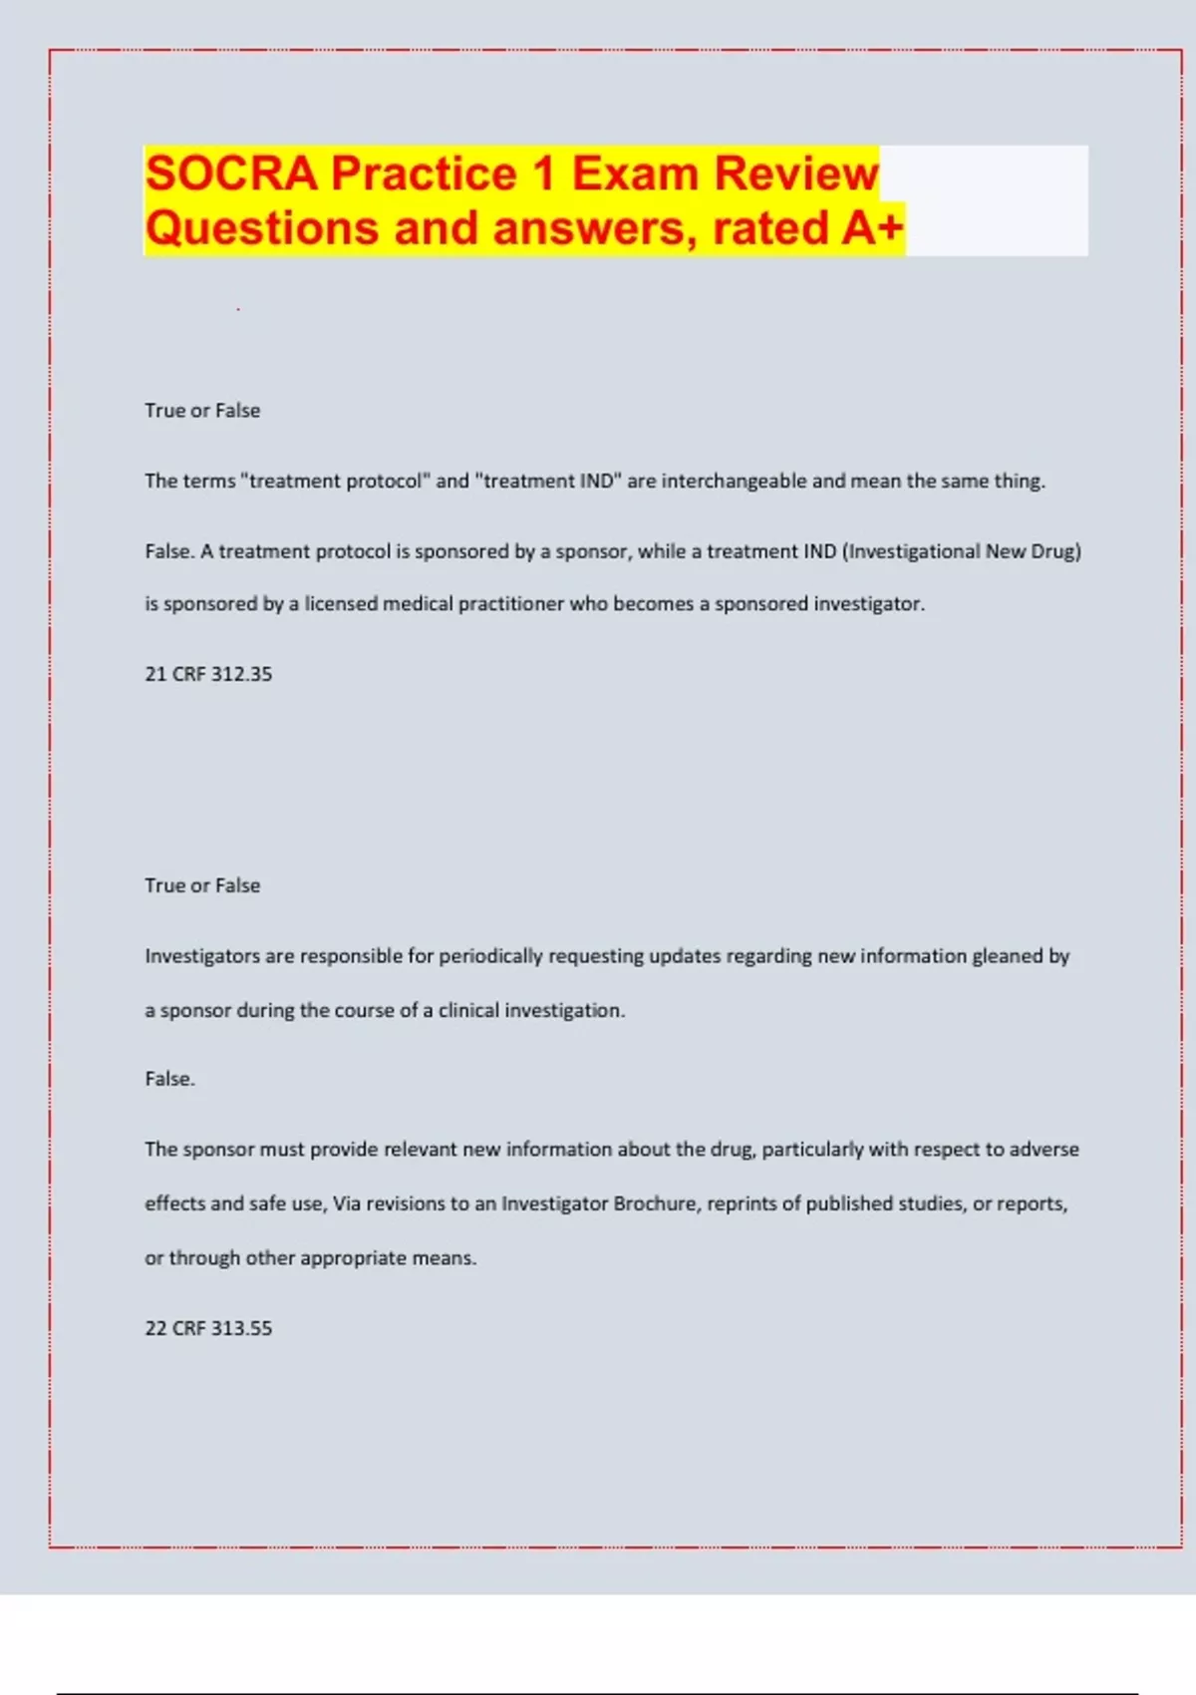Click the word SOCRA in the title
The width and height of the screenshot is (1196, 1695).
pos(231,173)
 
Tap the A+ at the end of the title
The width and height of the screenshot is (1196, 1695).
pos(872,227)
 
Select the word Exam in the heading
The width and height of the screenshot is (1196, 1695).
pos(634,173)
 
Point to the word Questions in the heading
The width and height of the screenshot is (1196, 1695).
pos(262,227)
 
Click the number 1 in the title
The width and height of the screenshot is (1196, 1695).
pos(543,173)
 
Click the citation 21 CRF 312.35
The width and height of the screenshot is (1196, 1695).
pos(208,674)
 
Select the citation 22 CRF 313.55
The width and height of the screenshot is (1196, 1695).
pos(208,1328)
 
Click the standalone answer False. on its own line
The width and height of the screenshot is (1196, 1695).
pos(169,1079)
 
